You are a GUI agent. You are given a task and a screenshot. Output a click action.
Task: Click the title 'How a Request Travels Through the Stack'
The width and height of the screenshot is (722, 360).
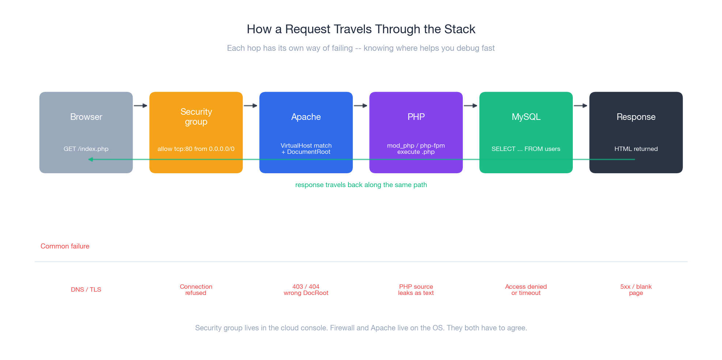(361, 29)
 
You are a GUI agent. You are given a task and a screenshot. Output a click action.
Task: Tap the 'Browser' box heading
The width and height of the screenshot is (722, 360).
(86, 117)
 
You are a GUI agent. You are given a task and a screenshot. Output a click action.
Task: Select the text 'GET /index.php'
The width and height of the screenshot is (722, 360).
(86, 149)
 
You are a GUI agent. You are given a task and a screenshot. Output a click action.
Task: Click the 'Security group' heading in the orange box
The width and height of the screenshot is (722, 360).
(196, 117)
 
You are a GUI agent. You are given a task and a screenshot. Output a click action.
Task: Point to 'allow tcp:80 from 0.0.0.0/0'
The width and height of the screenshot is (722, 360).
(196, 149)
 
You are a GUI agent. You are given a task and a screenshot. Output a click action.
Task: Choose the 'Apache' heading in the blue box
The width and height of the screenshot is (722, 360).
(306, 117)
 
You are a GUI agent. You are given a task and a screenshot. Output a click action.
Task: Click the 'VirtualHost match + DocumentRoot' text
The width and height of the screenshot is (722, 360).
(306, 148)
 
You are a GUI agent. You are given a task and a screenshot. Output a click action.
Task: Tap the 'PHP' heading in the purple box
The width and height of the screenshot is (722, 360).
(416, 117)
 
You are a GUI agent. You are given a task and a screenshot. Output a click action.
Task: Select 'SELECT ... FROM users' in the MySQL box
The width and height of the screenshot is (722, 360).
(526, 149)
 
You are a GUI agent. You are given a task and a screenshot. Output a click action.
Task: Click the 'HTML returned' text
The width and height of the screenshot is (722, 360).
(636, 149)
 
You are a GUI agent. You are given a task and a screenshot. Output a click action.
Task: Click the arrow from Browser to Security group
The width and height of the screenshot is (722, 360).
(141, 106)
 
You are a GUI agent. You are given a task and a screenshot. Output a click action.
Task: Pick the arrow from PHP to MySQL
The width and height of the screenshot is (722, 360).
(471, 106)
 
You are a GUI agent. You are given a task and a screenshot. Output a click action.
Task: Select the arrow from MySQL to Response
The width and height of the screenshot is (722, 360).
(581, 106)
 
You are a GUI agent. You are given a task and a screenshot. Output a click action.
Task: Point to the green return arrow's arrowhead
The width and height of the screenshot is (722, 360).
(91, 159)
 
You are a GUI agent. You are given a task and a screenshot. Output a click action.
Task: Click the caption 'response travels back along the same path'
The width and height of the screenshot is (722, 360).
(361, 185)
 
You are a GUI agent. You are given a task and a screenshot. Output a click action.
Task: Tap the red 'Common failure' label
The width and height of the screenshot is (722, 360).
(65, 246)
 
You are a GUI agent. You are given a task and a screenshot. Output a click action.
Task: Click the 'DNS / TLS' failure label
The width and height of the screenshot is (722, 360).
(86, 289)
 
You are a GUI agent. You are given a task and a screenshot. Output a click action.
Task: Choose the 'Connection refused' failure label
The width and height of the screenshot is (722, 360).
(196, 289)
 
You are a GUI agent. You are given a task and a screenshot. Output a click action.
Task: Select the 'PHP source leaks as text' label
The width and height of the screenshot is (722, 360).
(416, 289)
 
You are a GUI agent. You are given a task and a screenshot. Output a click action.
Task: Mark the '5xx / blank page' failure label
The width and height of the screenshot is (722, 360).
(636, 289)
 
